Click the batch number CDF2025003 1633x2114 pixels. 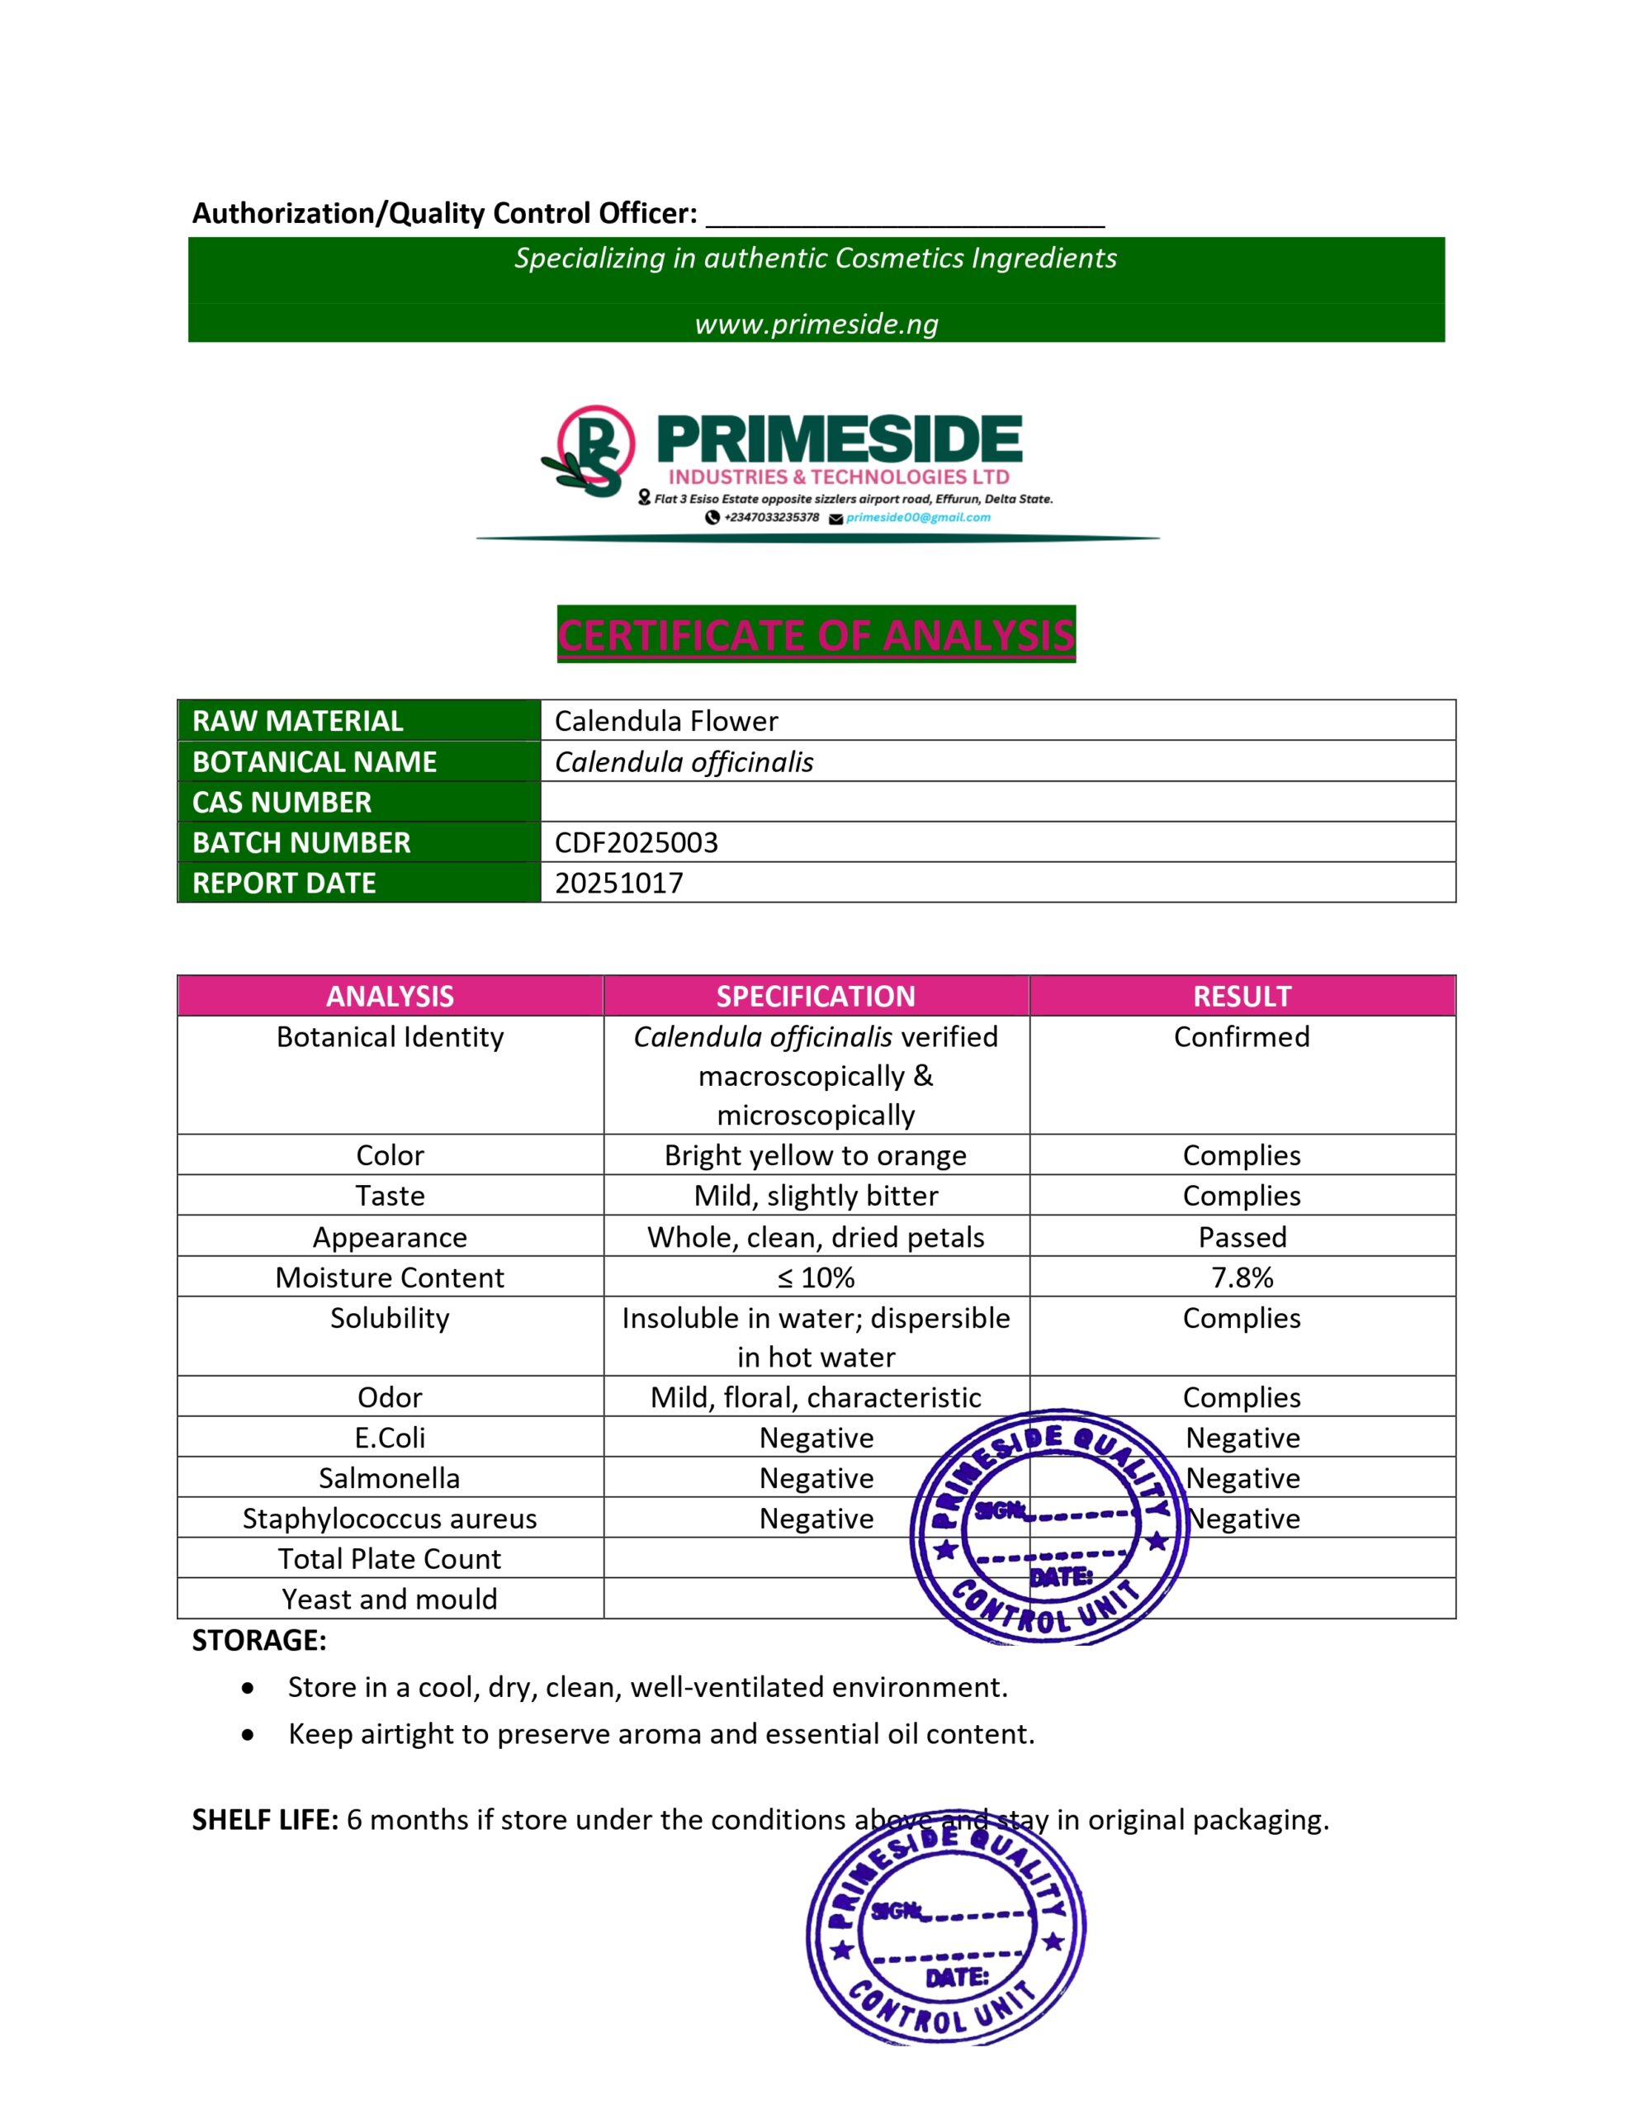636,842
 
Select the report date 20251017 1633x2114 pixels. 618,883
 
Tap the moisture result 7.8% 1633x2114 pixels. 1242,1277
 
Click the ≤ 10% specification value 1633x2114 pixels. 816,1277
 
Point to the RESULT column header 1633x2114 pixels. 1242,996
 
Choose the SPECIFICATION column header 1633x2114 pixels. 816,996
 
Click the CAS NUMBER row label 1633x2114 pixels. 282,803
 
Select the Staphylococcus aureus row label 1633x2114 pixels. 389,1519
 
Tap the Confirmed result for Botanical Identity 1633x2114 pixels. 1242,1036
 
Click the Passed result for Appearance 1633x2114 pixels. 1242,1237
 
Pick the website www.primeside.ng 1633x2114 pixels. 816,325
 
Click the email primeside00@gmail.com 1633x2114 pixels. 918,518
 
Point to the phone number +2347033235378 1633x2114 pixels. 770,518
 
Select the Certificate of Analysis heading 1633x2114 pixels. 816,635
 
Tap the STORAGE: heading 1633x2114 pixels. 259,1641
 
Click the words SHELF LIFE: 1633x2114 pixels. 264,1820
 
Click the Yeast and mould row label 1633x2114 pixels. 389,1599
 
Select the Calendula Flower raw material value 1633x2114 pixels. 666,721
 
